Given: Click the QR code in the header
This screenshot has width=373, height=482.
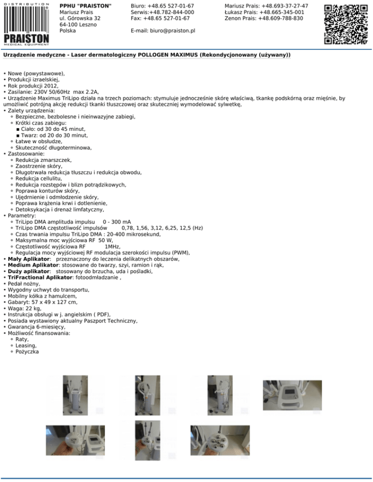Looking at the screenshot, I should pos(345,24).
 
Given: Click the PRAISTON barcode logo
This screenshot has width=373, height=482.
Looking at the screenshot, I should pos(26,23).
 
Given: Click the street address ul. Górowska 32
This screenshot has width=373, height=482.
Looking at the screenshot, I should pos(80,18).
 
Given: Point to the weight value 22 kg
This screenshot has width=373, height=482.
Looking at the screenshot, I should pos(31,308).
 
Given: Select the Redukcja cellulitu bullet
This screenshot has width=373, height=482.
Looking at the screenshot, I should pos(38,178).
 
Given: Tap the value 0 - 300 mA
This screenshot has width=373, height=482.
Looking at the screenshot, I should pos(117,222).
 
